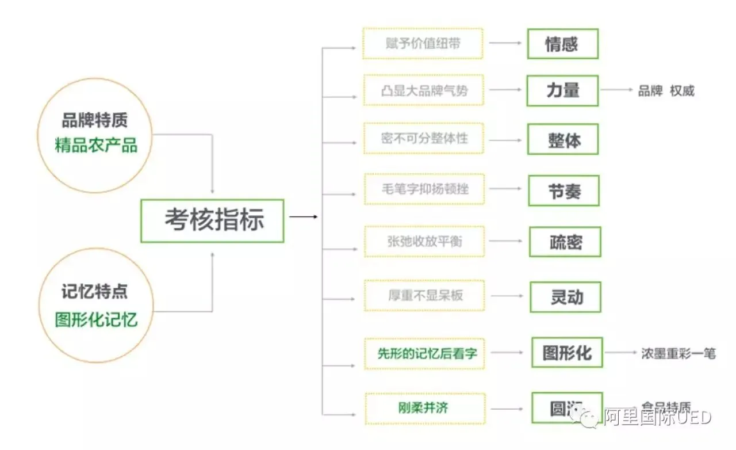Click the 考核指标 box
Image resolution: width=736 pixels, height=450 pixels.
point(212,220)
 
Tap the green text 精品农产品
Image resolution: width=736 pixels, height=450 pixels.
point(96,145)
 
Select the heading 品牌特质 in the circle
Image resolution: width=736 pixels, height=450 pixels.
point(95,120)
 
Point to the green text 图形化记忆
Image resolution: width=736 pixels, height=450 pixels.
point(96,319)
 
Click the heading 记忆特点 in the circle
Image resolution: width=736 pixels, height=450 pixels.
point(95,292)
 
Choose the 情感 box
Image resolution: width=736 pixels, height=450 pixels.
point(562,44)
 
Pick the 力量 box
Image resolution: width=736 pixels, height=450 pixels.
point(562,90)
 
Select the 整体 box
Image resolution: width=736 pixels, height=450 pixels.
point(562,140)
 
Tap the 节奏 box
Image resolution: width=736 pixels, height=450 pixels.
point(563,190)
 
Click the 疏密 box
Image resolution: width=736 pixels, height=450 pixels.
point(565,242)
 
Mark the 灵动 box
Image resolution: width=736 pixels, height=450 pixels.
point(565,297)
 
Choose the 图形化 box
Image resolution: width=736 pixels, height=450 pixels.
point(567,352)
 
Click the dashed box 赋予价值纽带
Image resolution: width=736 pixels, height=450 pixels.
point(423,43)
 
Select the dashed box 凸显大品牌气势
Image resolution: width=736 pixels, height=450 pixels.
point(423,90)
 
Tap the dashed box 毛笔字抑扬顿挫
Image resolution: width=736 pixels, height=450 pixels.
point(424,189)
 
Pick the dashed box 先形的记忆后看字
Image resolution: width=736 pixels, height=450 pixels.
point(424,353)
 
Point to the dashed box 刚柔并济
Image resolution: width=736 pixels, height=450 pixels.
point(424,408)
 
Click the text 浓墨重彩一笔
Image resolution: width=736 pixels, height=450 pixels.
point(678,353)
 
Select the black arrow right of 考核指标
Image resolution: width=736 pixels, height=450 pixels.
point(303,217)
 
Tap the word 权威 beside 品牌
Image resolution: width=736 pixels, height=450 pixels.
point(682,91)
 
